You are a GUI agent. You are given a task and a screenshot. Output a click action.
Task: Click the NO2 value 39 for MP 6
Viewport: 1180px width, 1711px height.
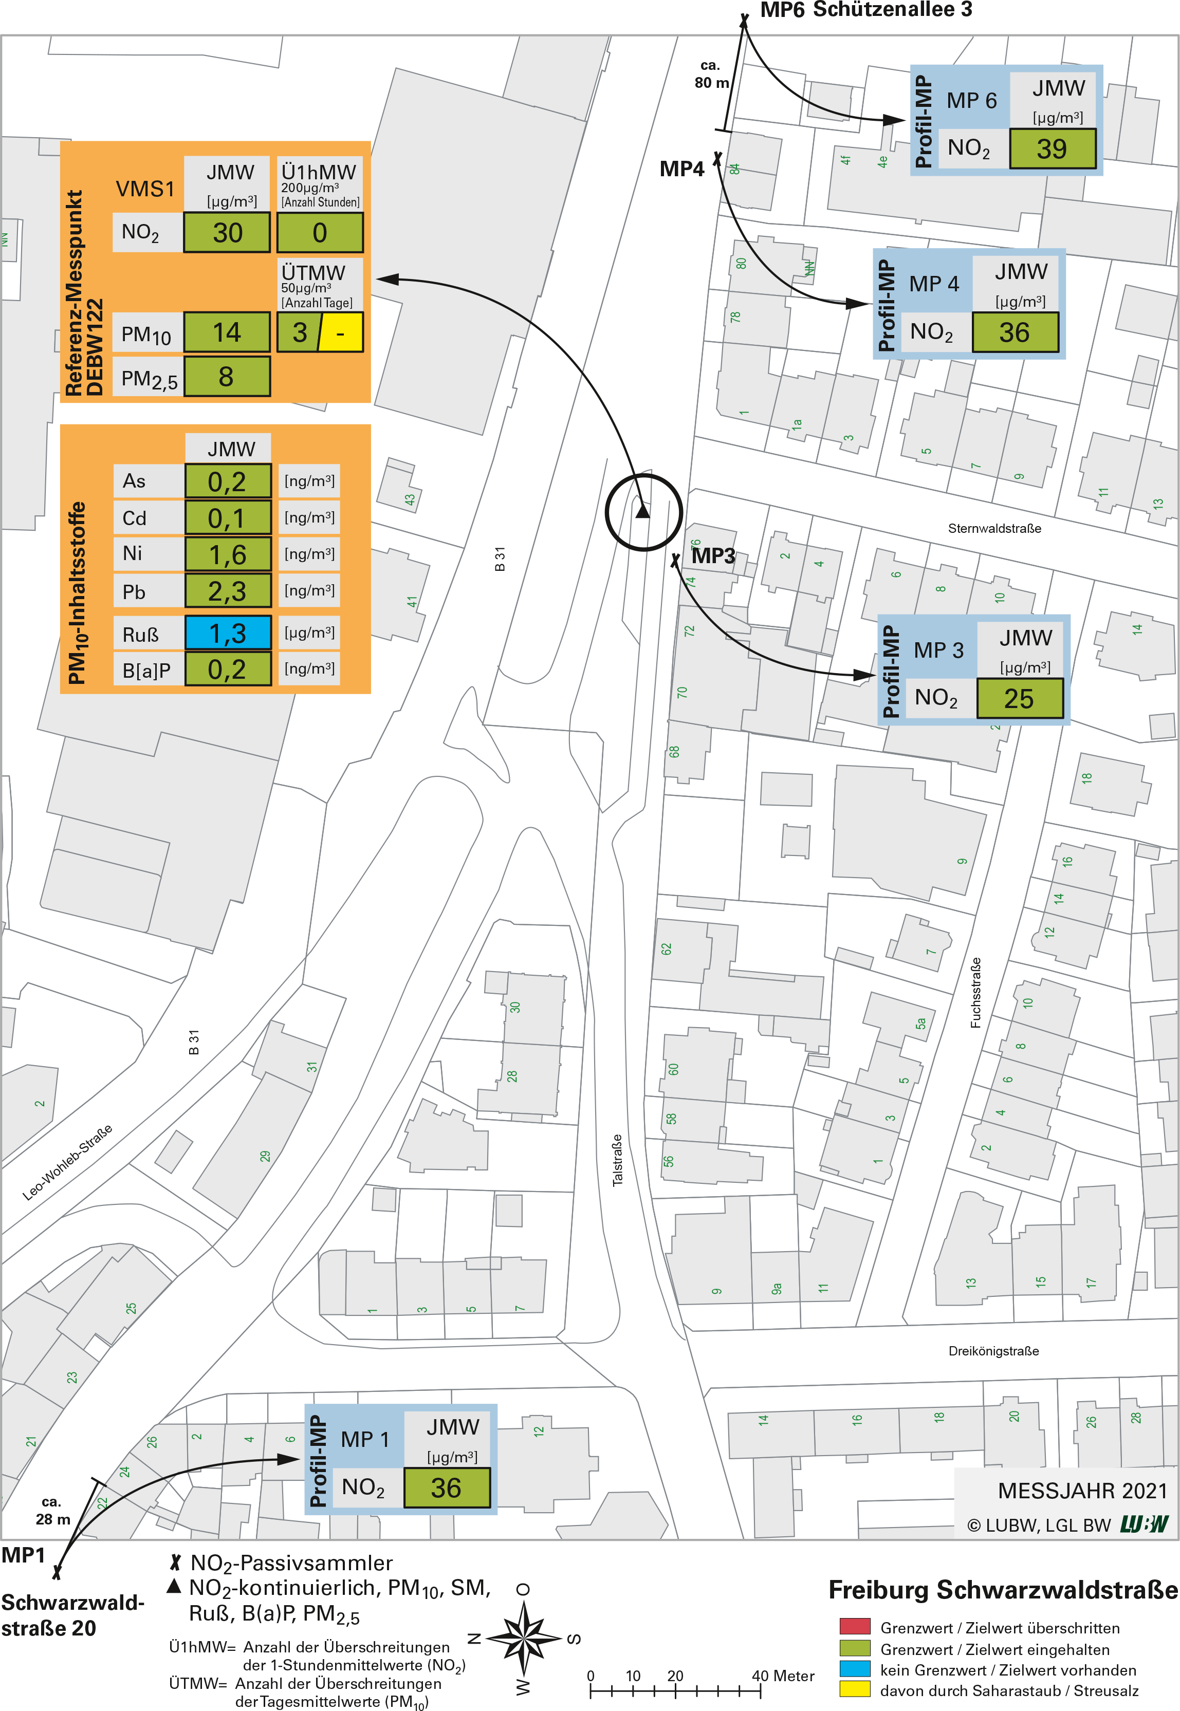(x=1052, y=148)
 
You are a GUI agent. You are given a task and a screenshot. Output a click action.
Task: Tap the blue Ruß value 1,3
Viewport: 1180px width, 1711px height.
(x=228, y=634)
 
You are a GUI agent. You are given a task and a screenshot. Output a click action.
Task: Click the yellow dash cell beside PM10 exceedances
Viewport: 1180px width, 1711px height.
(x=341, y=332)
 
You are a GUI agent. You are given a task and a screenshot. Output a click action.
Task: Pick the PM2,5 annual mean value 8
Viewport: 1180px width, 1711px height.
(x=226, y=377)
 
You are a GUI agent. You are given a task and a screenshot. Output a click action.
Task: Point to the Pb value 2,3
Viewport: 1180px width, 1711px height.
(x=228, y=591)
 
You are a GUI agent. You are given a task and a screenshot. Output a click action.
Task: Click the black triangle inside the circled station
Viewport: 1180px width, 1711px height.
(x=642, y=511)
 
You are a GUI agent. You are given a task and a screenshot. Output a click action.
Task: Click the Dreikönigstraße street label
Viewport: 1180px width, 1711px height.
(x=993, y=1351)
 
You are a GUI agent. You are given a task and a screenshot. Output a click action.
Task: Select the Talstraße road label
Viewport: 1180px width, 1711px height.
(x=617, y=1160)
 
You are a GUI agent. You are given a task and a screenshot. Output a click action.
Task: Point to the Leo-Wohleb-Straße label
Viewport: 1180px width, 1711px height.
(x=67, y=1163)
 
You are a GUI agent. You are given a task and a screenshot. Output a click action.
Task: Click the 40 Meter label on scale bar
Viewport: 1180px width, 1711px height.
(x=782, y=1676)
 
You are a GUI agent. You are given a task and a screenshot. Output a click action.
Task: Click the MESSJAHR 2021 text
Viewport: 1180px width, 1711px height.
(x=1082, y=1491)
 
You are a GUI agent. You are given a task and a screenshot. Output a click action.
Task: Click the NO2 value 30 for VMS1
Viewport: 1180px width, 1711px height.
(x=227, y=233)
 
